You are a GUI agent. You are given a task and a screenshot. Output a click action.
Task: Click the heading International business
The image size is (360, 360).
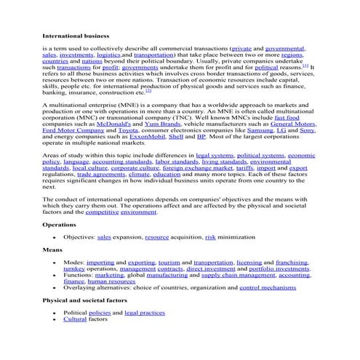(x=76, y=35)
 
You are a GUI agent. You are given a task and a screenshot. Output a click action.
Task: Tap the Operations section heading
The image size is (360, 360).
(x=60, y=225)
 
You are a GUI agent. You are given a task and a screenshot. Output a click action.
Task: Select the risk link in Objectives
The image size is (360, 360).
(x=210, y=237)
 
